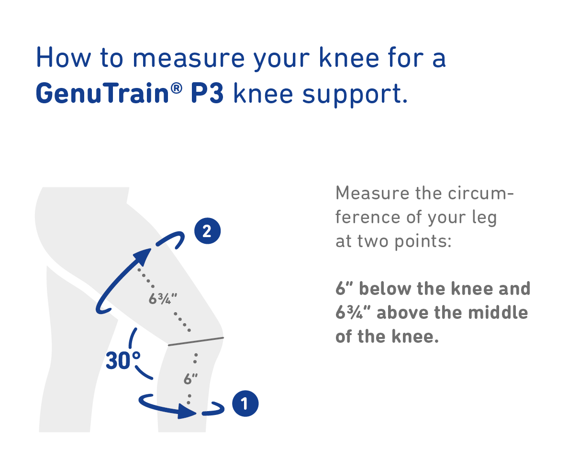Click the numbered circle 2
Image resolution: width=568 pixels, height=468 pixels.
tap(208, 231)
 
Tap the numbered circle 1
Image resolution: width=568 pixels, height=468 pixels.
tap(245, 403)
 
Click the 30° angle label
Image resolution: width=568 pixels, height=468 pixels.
tap(123, 361)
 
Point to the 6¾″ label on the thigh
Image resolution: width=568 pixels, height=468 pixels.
tap(163, 299)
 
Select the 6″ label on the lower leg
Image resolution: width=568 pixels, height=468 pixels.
tap(190, 379)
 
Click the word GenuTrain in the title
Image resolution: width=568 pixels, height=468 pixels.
tap(102, 93)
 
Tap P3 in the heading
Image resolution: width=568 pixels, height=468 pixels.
tap(207, 93)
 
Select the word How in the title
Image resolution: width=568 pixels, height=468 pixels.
tap(64, 57)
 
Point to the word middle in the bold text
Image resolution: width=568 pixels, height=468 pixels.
tap(498, 312)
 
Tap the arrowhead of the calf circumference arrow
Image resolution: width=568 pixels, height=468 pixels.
tap(187, 411)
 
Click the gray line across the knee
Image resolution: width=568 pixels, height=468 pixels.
tap(196, 341)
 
